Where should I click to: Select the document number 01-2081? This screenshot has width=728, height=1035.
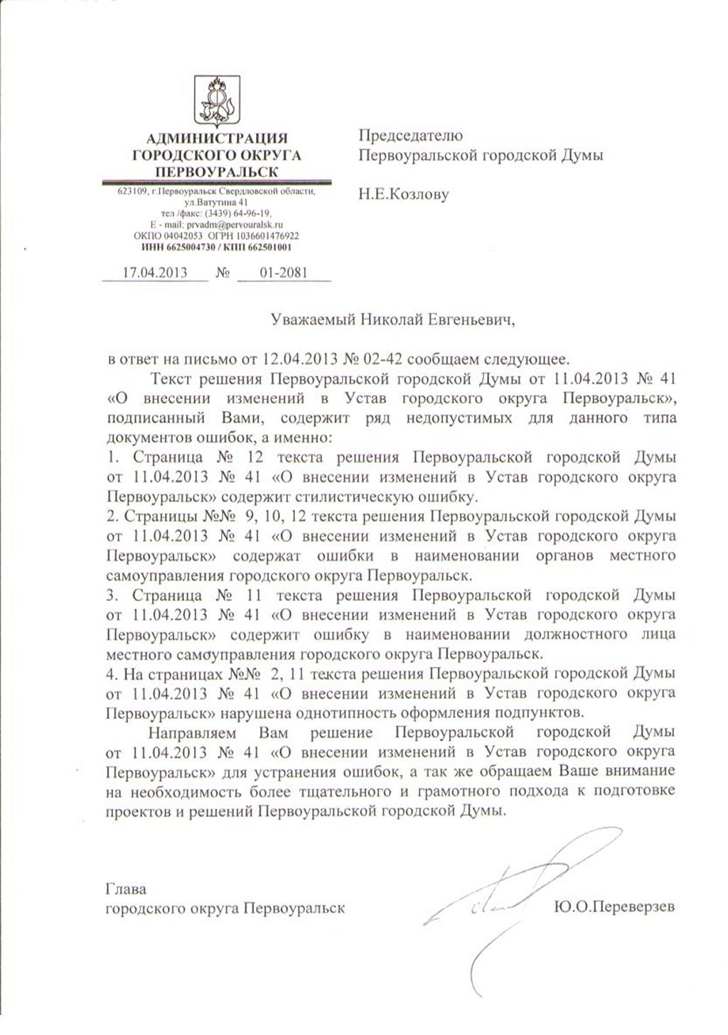283,272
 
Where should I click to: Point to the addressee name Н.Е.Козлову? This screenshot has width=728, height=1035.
404,194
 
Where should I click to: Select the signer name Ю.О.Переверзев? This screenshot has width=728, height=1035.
613,907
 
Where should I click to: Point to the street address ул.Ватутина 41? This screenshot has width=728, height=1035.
215,202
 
